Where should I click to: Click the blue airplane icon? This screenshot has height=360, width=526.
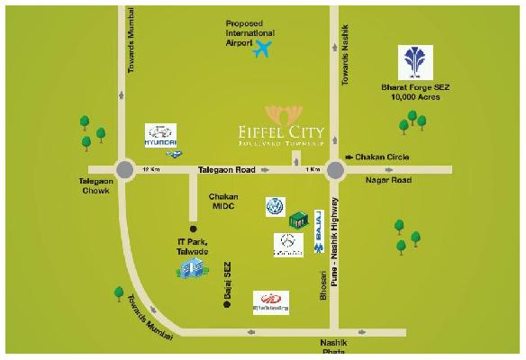click(x=264, y=48)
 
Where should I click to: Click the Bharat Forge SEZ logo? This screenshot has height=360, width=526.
click(x=416, y=62)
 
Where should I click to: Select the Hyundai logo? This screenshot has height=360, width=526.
click(x=161, y=136)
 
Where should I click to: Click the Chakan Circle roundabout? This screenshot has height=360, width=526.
click(x=336, y=169)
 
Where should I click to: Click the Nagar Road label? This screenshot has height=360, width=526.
click(x=388, y=180)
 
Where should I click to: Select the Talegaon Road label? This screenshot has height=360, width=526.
click(x=227, y=168)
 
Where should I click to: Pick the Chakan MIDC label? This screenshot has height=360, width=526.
click(x=222, y=201)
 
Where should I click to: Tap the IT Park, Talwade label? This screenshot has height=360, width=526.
click(x=192, y=247)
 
